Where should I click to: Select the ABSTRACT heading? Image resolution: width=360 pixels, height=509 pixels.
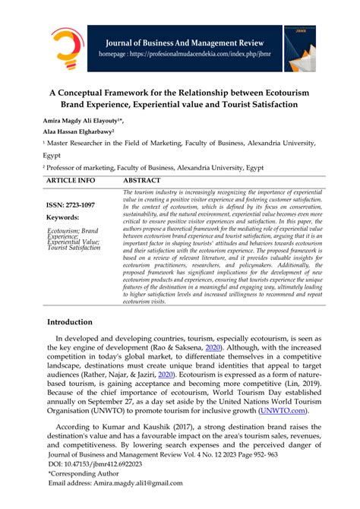pyautogui.click(x=141, y=181)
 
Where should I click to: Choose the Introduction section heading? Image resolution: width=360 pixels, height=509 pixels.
pyautogui.click(x=80, y=322)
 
